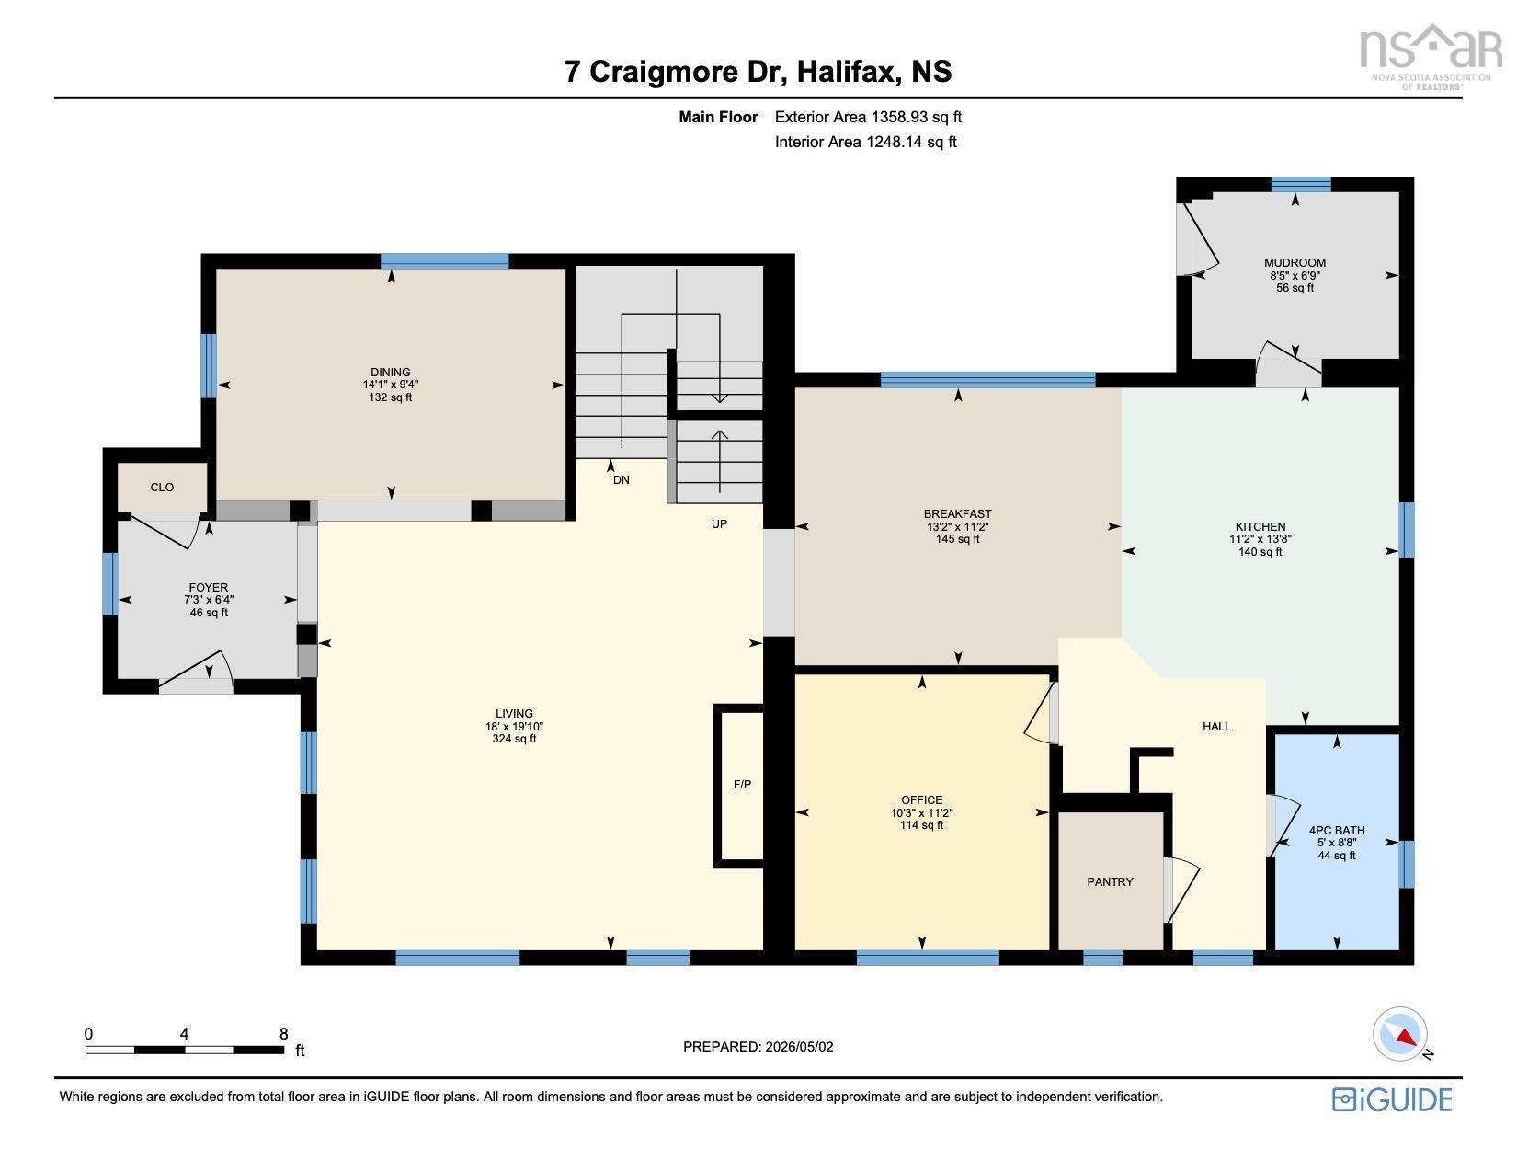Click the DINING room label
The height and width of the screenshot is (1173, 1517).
pos(390,373)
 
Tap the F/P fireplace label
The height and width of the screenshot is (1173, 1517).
pos(742,785)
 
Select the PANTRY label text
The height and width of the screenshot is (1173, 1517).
pos(1110,881)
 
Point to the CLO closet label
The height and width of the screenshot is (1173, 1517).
pos(162,487)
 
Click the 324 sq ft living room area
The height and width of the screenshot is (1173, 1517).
pos(515,739)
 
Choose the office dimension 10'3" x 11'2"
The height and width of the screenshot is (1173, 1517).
pos(921,812)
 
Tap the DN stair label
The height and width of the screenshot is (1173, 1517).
pos(622,480)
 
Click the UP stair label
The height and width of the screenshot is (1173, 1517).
pos(719,524)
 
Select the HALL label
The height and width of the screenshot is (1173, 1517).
pos(1216,727)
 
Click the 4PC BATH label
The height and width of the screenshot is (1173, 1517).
pos(1337,830)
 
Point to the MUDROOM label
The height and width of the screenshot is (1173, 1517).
pos(1295,263)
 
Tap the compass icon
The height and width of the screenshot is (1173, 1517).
pos(1399,1035)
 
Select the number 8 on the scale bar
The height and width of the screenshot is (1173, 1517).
pos(283,1034)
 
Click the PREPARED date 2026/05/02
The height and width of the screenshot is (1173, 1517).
pos(799,1047)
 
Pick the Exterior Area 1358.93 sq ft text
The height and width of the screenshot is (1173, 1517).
pos(869,117)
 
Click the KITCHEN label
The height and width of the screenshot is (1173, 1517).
pos(1260,527)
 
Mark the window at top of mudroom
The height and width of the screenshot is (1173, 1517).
pos(1301,184)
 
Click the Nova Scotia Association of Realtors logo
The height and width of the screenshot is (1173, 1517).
pos(1431,57)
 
